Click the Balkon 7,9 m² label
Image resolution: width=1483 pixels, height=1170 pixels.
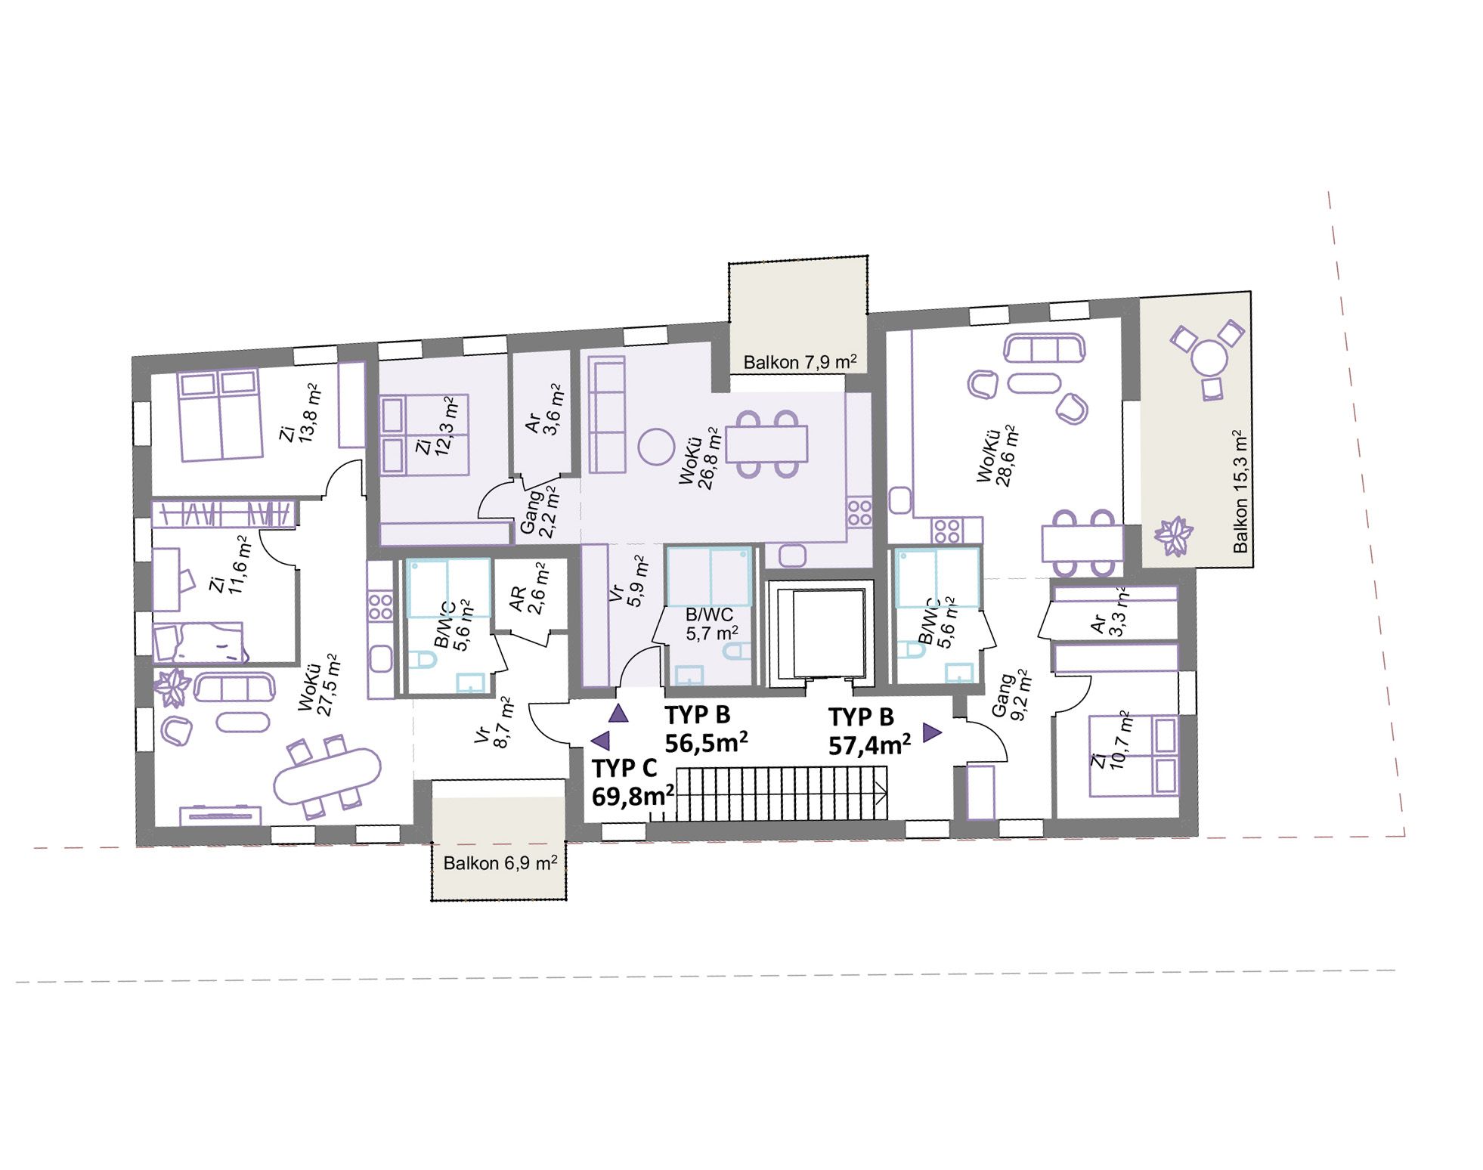pyautogui.click(x=800, y=362)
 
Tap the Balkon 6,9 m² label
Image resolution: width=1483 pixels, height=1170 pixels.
pyautogui.click(x=500, y=862)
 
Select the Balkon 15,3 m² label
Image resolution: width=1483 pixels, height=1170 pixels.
pyautogui.click(x=1239, y=491)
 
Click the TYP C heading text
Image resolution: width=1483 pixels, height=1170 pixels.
pyautogui.click(x=624, y=768)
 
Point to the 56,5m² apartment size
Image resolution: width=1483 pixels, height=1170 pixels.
pyautogui.click(x=707, y=742)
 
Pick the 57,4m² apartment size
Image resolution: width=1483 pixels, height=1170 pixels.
pyautogui.click(x=869, y=744)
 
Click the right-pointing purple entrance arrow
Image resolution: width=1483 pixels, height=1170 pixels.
pyautogui.click(x=931, y=732)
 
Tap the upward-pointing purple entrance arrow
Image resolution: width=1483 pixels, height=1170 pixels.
pyautogui.click(x=619, y=713)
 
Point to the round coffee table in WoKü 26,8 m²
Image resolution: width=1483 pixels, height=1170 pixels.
pyautogui.click(x=655, y=447)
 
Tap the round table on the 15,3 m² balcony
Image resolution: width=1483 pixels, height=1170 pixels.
pyautogui.click(x=1210, y=359)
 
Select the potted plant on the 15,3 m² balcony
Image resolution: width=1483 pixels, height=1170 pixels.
pyautogui.click(x=1174, y=535)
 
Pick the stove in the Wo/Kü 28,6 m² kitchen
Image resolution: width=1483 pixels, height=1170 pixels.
pyautogui.click(x=946, y=530)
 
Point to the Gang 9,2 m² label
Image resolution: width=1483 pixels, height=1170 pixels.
pyautogui.click(x=1011, y=695)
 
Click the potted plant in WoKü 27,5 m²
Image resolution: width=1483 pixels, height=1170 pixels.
pyautogui.click(x=173, y=688)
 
